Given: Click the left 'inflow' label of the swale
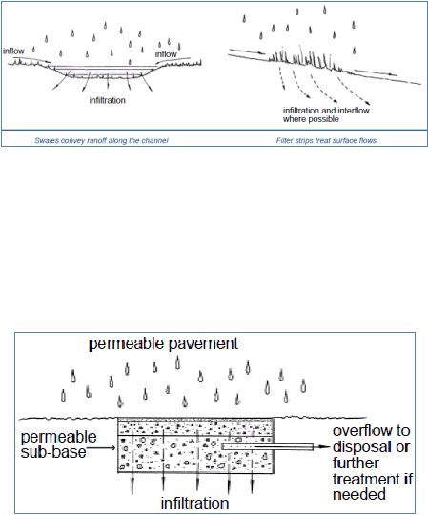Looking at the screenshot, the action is [13, 51].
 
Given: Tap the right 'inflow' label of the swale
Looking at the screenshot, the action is [166, 53].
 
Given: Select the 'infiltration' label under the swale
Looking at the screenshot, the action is [108, 100].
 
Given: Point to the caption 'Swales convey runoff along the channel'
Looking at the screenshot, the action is [101, 140].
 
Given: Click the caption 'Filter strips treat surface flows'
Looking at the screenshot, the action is [326, 140].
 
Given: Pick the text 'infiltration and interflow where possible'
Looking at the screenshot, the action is [326, 114].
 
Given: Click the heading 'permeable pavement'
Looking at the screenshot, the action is [163, 344].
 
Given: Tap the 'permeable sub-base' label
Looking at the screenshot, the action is [58, 444].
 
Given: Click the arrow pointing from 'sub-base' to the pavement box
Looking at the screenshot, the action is [101, 448].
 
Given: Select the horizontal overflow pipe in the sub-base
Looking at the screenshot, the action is [267, 446].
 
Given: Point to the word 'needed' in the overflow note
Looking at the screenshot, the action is [359, 494].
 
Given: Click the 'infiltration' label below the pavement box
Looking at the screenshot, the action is [194, 504].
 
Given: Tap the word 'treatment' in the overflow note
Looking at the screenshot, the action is [366, 479].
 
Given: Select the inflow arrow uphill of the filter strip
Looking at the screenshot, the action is [247, 51].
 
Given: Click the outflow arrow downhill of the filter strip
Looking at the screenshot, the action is [376, 72].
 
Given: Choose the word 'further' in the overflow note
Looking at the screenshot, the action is [357, 463].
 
